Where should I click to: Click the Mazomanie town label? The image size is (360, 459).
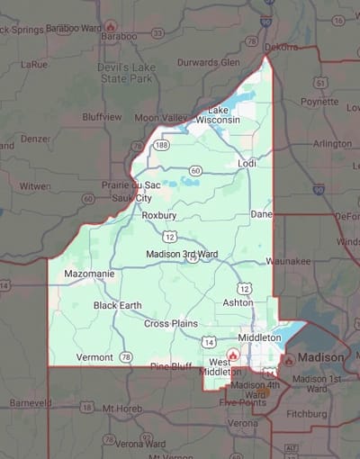pyautogui.click(x=87, y=272)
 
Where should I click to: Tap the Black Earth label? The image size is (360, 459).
pyautogui.click(x=117, y=305)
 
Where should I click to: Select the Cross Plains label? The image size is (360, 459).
pyautogui.click(x=170, y=323)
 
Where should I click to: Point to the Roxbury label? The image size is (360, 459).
pyautogui.click(x=159, y=215)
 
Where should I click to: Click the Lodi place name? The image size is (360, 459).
pyautogui.click(x=247, y=163)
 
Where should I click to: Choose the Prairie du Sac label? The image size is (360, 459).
pyautogui.click(x=130, y=184)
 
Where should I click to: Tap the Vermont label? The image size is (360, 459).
pyautogui.click(x=94, y=357)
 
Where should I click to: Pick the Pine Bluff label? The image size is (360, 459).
pyautogui.click(x=171, y=366)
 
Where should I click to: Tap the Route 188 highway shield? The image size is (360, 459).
pyautogui.click(x=161, y=145)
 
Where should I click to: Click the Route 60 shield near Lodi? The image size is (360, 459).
pyautogui.click(x=195, y=170)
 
